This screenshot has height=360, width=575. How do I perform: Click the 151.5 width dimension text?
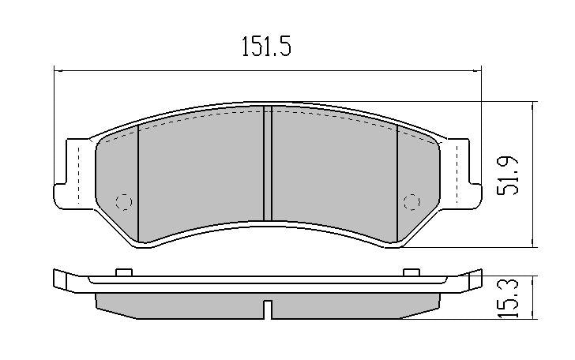tap(266, 48)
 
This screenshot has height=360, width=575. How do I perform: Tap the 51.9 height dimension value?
tap(511, 174)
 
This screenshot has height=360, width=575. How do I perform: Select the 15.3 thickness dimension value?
tap(511, 298)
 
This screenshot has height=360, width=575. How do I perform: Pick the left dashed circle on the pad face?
tap(123, 201)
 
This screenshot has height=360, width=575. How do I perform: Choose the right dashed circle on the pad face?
tap(410, 201)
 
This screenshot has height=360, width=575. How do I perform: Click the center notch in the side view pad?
tap(267, 309)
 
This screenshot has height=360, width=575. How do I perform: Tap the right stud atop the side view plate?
tap(410, 273)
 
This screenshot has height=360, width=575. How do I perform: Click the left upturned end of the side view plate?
tap(60, 279)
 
